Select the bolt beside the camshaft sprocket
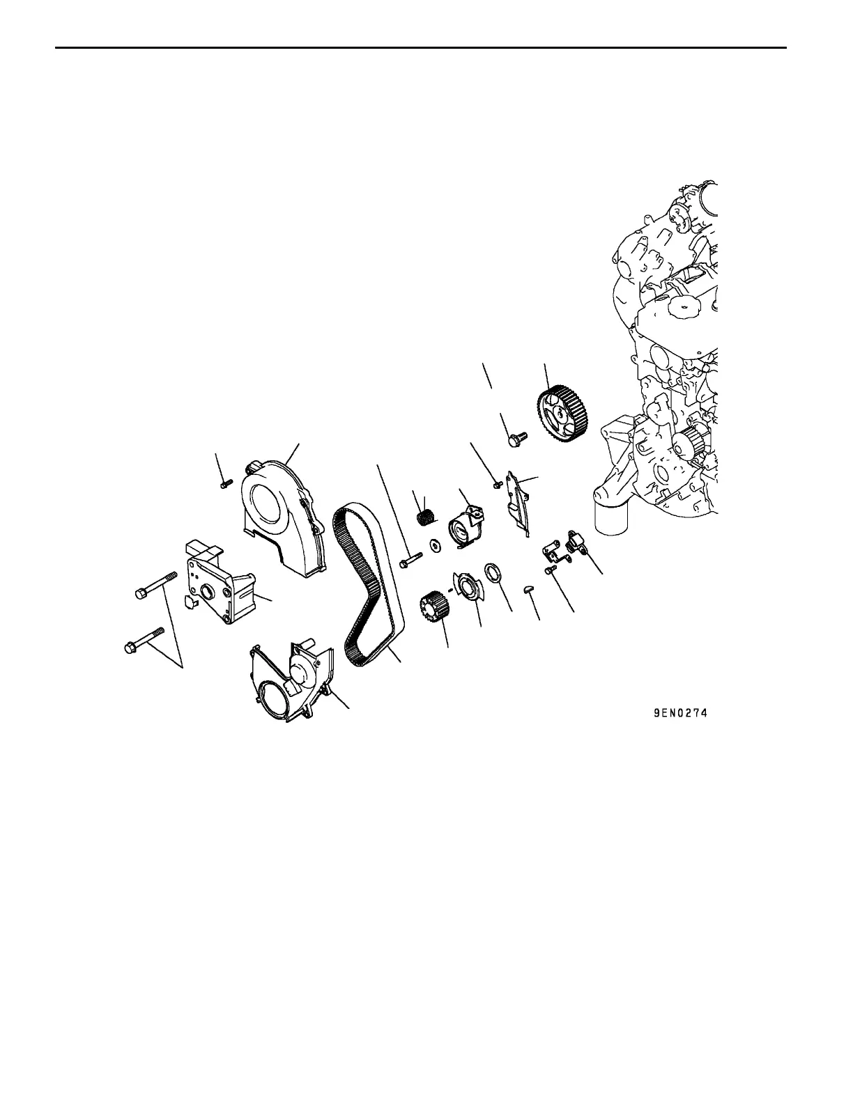tap(517, 439)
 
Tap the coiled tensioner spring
tap(426, 518)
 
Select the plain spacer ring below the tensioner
tap(492, 574)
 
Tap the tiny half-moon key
tap(528, 589)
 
